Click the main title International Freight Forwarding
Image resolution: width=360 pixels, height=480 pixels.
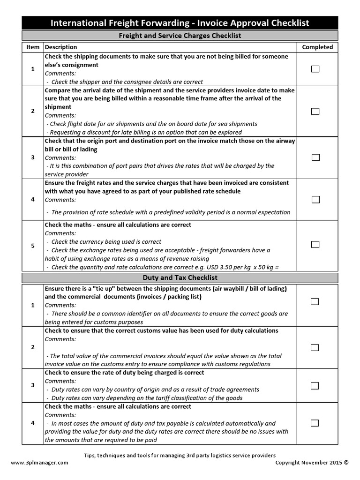point(180,23)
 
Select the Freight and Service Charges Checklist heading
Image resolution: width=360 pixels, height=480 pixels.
point(180,35)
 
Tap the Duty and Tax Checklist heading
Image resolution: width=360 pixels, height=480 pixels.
point(180,278)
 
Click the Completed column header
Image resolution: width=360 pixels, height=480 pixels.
point(317,47)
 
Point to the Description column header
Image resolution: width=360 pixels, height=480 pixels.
point(61,47)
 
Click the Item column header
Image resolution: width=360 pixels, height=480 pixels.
point(33,47)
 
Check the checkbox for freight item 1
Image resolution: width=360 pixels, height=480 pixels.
point(315,69)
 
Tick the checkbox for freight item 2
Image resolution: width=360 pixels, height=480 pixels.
point(315,111)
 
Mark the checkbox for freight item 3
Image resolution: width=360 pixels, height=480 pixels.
point(315,157)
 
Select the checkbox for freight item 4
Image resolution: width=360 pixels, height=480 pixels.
point(315,200)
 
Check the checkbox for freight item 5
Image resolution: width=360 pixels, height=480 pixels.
point(315,245)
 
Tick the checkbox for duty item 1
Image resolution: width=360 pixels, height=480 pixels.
point(315,301)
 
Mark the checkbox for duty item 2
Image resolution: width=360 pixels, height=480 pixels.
point(315,347)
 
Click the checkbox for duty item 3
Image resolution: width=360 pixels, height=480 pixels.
point(315,386)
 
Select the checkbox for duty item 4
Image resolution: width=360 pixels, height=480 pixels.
point(315,423)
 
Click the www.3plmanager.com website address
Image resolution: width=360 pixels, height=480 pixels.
point(39,463)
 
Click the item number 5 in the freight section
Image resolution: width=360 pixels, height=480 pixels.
point(33,246)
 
